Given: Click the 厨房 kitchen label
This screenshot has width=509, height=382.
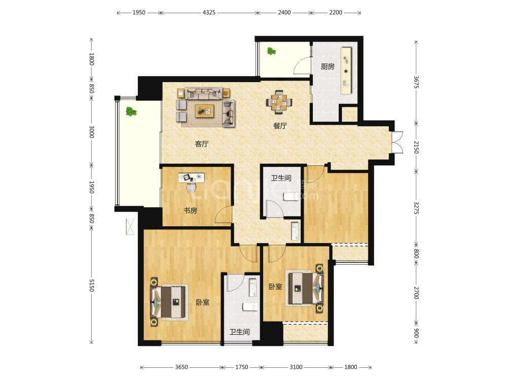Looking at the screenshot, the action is coord(327,66).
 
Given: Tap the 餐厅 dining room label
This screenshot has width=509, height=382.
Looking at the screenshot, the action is coord(280,126).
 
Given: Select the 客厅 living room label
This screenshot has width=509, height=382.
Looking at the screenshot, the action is coord(202,144).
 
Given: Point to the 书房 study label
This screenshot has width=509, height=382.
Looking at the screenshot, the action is coord(190,211).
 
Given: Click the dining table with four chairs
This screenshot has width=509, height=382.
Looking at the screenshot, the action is coord(279,102).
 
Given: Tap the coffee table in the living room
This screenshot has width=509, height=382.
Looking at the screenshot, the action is coord(204,111).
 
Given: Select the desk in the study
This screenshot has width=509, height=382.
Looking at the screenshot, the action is coord(191,178).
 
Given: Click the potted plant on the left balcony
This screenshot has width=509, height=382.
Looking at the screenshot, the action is coord(131,112).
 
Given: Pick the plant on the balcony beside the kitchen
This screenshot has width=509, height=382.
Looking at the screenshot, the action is coord(271,51).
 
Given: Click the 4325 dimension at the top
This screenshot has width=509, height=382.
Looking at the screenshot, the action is coord(209,12).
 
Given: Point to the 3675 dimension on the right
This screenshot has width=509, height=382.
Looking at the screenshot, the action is coord(416,82).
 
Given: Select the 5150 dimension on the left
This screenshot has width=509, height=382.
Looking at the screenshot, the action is coord(92,285).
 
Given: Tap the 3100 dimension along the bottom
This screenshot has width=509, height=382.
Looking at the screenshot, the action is coord(296,367).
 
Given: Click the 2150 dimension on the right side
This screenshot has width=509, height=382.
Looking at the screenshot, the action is coord(416,147).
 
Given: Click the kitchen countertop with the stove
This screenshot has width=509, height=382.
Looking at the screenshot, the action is coord(346,71).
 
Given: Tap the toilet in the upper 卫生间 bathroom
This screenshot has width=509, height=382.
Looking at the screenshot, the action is coord(291,196).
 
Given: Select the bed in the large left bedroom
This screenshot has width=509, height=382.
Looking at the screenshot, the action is coord(168,302).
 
